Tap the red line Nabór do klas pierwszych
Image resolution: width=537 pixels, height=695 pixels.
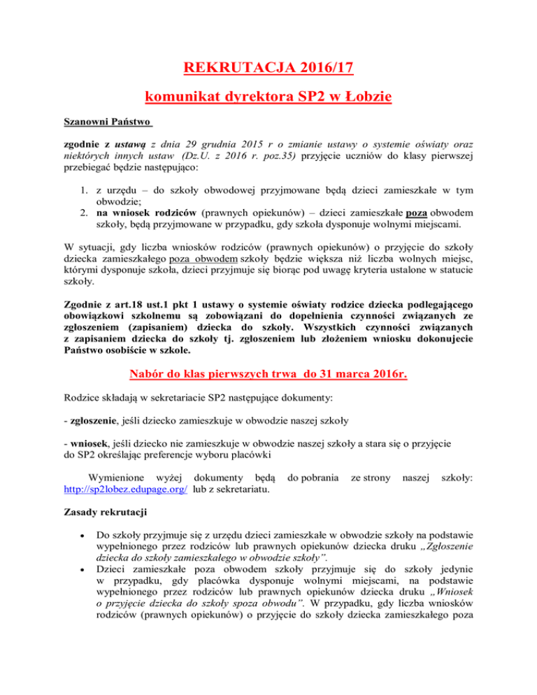[x=268, y=376]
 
